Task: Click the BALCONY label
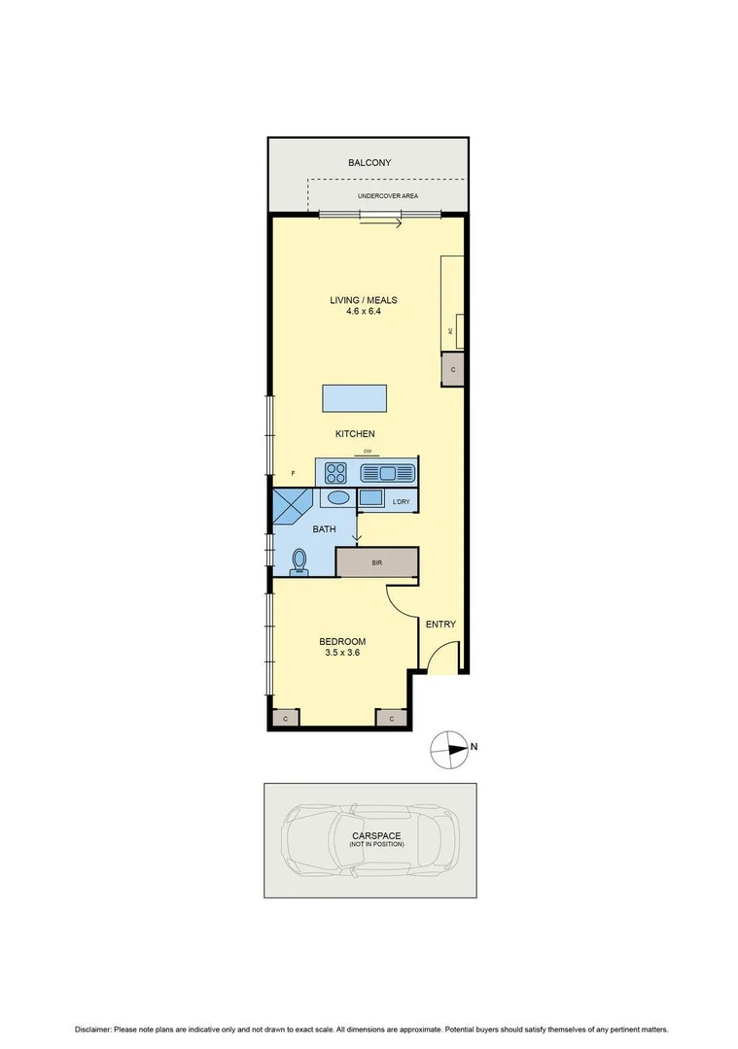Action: [369, 163]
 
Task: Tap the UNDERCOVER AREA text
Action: [387, 196]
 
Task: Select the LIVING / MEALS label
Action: [363, 300]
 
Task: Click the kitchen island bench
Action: [354, 398]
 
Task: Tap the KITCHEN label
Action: [355, 434]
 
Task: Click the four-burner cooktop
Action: [336, 473]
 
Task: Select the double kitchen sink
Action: [387, 473]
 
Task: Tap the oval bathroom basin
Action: [337, 498]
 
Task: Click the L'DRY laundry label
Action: [399, 502]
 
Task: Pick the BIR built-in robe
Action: [377, 562]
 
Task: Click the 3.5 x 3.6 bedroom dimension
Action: [342, 655]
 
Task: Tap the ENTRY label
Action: [440, 625]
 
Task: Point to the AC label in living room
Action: [450, 331]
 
